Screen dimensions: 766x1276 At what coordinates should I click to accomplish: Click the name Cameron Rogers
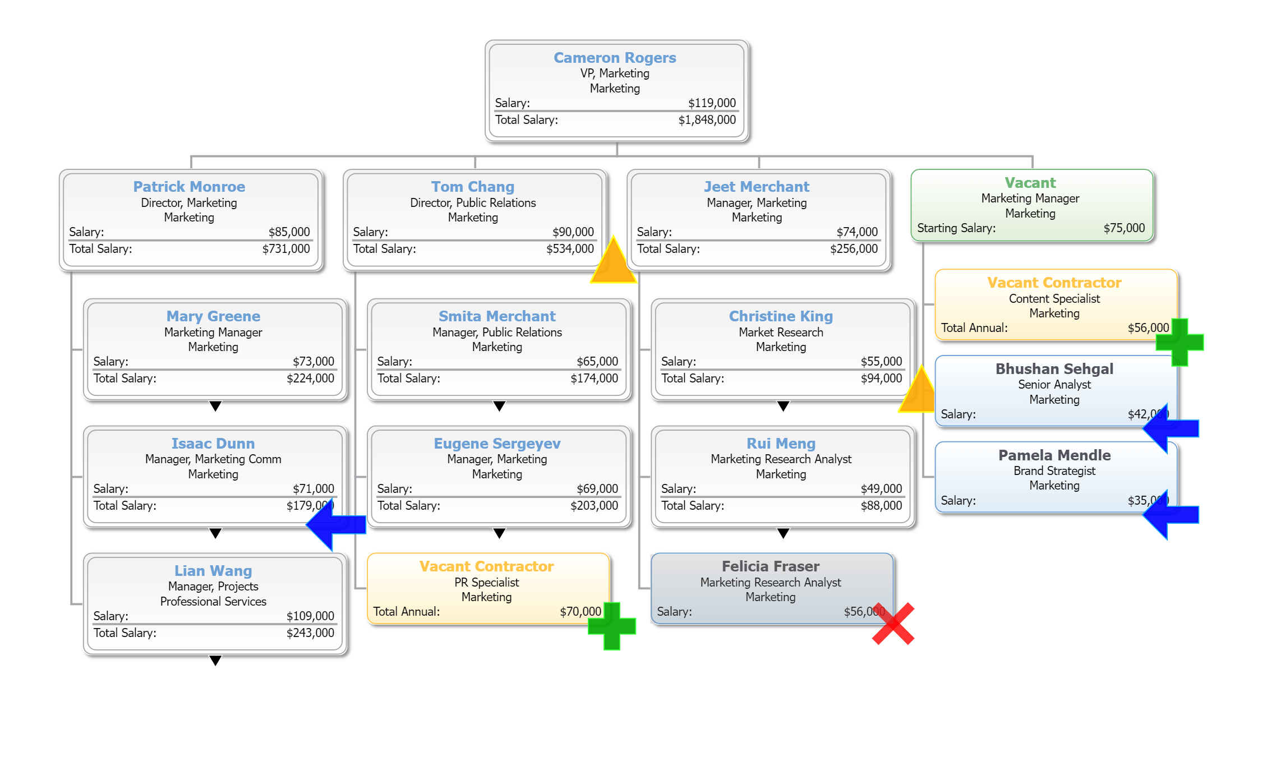(615, 58)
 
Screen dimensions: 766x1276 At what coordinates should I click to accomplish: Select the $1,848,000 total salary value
(707, 120)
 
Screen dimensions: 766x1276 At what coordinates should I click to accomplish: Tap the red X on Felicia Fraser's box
(893, 624)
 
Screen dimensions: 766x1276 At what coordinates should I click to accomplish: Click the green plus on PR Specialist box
(612, 626)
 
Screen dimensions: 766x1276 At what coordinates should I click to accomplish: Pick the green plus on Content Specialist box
(1180, 342)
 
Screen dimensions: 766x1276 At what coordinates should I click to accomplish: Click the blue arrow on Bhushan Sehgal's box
(1171, 428)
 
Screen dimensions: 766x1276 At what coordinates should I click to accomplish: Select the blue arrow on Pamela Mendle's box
(1171, 515)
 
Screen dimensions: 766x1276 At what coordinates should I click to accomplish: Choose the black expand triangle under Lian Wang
(215, 660)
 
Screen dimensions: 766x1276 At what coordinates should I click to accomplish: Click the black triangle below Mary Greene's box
(215, 405)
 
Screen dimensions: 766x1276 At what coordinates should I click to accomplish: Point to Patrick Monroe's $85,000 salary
(289, 232)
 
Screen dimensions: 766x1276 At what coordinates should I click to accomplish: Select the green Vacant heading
(1030, 183)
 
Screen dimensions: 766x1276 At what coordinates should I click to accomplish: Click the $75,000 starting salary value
(1124, 228)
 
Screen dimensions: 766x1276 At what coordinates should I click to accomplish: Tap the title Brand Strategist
(1054, 471)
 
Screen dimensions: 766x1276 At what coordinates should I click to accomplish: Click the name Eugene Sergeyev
(497, 444)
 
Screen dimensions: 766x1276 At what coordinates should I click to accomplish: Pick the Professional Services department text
(213, 602)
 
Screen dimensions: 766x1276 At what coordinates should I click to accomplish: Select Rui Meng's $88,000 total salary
(881, 506)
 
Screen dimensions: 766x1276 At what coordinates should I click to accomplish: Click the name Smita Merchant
(497, 316)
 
